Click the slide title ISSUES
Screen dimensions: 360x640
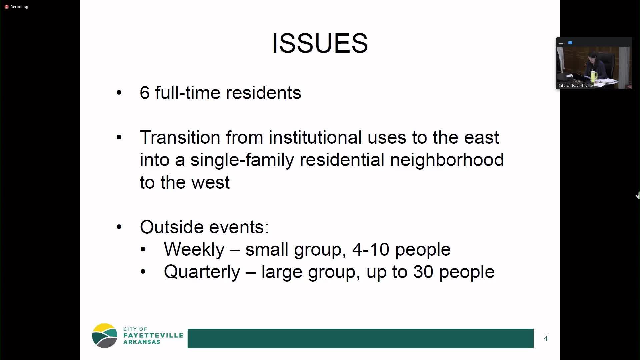320,43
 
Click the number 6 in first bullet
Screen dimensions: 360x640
144,93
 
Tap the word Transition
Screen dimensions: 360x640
180,137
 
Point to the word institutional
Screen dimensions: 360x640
315,137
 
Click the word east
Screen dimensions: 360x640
481,137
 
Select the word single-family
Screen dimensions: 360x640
242,160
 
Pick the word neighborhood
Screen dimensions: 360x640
447,160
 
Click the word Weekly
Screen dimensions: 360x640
194,249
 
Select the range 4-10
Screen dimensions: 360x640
370,249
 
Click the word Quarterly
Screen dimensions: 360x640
202,272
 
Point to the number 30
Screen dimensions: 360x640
423,272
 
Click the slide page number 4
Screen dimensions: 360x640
546,338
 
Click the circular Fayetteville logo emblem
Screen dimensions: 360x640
105,336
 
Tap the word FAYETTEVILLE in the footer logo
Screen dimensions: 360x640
153,335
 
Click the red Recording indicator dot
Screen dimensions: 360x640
6,7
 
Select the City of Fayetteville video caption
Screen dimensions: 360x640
575,86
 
